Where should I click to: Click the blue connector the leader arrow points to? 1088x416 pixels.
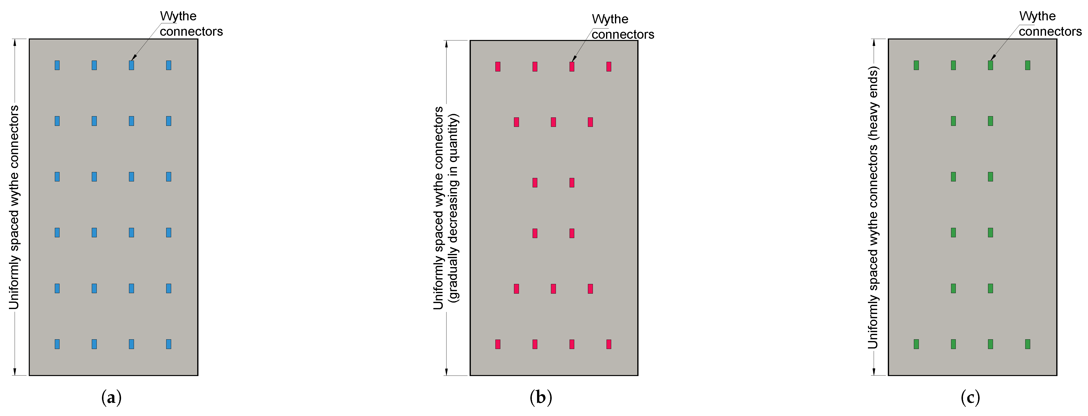click(x=131, y=65)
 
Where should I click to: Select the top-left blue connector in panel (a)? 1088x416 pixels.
click(x=57, y=65)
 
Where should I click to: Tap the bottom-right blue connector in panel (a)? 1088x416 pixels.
click(x=168, y=344)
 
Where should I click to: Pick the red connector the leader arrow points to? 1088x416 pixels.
click(x=572, y=66)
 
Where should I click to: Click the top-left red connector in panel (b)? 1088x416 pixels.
click(x=498, y=66)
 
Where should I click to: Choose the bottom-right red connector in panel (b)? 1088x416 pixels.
click(x=609, y=344)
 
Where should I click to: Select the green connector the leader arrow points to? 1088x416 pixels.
click(x=991, y=65)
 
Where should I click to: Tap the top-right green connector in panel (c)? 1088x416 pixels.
click(x=1028, y=65)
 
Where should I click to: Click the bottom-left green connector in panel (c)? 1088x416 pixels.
click(x=916, y=344)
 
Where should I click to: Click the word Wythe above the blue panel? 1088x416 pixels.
click(x=178, y=16)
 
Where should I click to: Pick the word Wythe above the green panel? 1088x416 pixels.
click(x=1037, y=16)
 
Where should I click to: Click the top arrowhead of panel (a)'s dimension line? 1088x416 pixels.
click(x=15, y=42)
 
